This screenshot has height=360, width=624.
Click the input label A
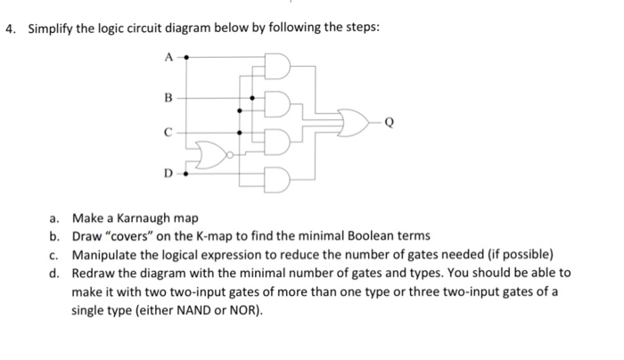coord(167,55)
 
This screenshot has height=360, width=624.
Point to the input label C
coord(167,133)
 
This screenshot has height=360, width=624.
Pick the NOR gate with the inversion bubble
coord(213,152)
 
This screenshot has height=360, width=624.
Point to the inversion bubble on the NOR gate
coord(230,152)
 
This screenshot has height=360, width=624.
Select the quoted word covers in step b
coord(132,235)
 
